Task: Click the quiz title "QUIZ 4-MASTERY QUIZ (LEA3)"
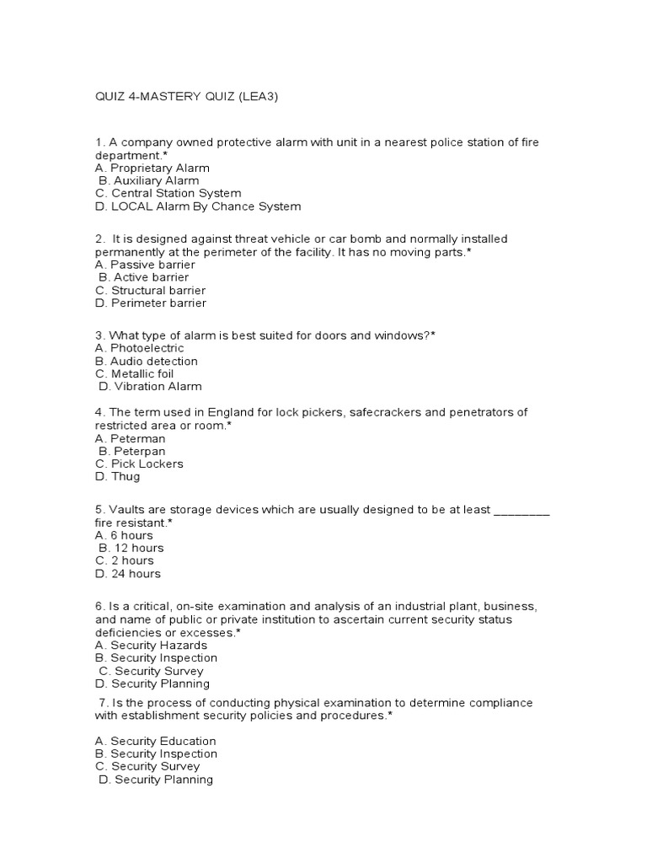pyautogui.click(x=186, y=97)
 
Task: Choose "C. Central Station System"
pyautogui.click(x=168, y=193)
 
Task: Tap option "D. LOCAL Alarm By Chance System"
pyautogui.click(x=197, y=206)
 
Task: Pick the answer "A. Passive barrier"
pyautogui.click(x=145, y=264)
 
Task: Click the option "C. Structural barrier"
pyautogui.click(x=150, y=290)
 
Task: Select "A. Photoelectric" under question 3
pyautogui.click(x=139, y=348)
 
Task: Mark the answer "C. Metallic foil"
pyautogui.click(x=135, y=373)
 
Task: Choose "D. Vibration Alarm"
pyautogui.click(x=150, y=387)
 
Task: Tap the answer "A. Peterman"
pyautogui.click(x=131, y=438)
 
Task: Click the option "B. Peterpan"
pyautogui.click(x=132, y=451)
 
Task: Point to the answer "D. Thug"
pyautogui.click(x=118, y=477)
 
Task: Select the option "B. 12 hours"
pyautogui.click(x=131, y=548)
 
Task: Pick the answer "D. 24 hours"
pyautogui.click(x=128, y=574)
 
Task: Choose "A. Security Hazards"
pyautogui.click(x=151, y=645)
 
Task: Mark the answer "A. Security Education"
pyautogui.click(x=156, y=741)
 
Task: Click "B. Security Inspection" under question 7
pyautogui.click(x=156, y=753)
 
